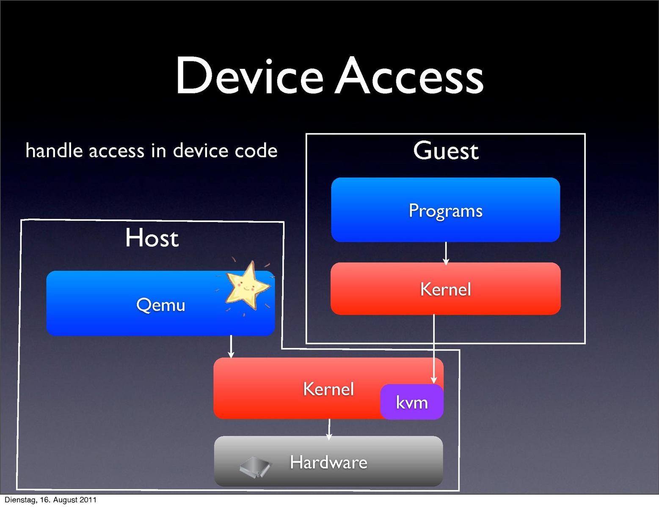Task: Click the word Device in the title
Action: click(249, 76)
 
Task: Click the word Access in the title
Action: click(409, 76)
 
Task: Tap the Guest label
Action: click(446, 151)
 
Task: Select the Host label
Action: click(152, 238)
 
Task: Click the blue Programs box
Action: click(446, 210)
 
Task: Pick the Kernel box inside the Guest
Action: click(446, 289)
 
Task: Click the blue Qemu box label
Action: click(160, 305)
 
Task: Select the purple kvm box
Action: click(412, 402)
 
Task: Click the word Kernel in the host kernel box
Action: click(328, 389)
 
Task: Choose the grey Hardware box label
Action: click(328, 462)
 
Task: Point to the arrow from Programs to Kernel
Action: click(446, 253)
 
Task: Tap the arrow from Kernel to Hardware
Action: click(329, 429)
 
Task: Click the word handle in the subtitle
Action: click(54, 151)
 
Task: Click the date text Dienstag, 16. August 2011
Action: click(50, 500)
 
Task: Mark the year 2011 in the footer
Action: click(88, 500)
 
